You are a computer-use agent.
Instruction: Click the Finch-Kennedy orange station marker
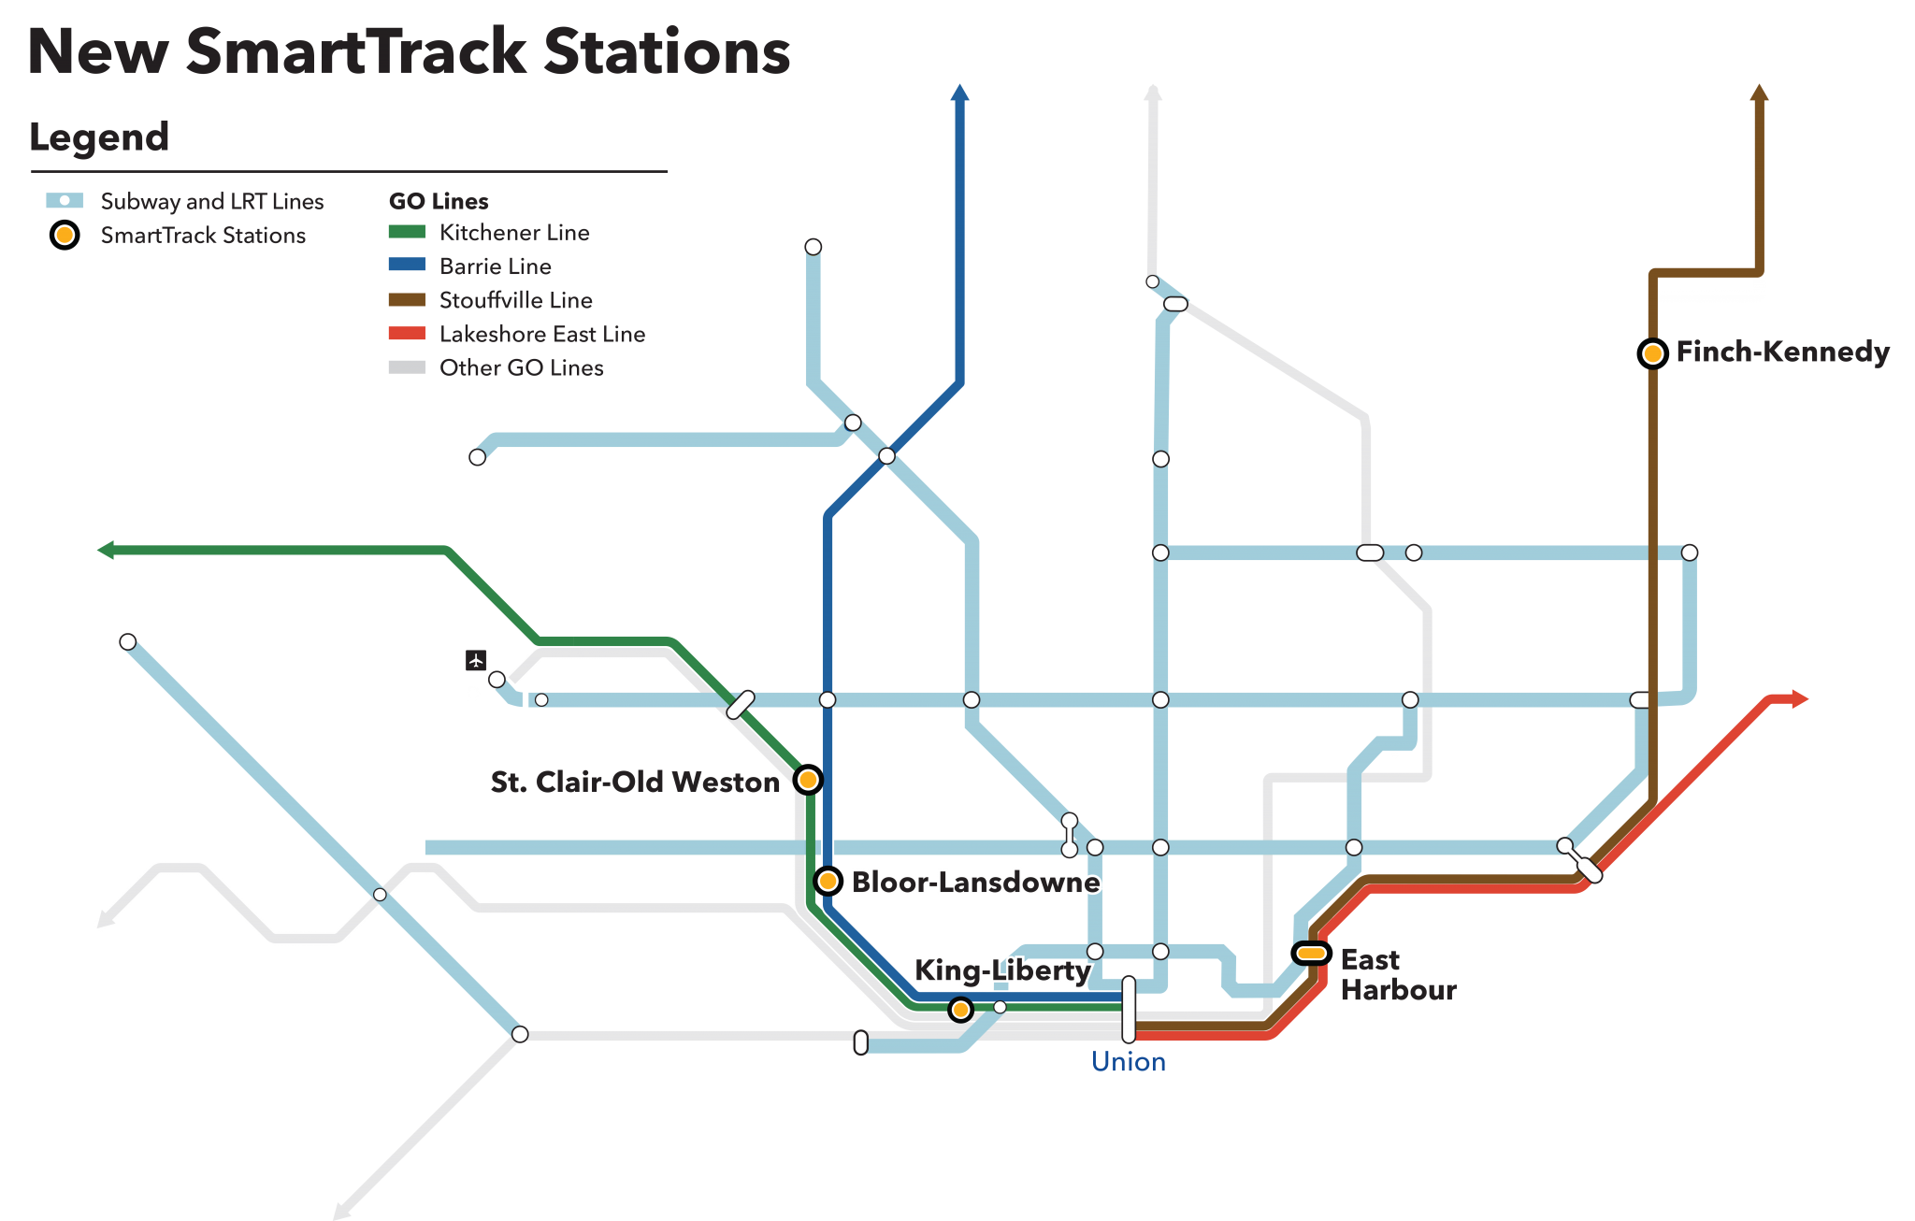(1652, 353)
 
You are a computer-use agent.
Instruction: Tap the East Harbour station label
(1397, 974)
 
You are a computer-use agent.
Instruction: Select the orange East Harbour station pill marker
(1311, 953)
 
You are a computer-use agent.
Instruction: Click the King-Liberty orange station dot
(960, 1010)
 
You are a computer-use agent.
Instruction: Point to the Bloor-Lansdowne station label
(974, 882)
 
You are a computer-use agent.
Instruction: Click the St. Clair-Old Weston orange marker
(808, 779)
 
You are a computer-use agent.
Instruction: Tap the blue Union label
(1128, 1062)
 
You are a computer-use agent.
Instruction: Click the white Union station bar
(1129, 1010)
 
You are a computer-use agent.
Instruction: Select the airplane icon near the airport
(476, 661)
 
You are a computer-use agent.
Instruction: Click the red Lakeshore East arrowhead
(1800, 698)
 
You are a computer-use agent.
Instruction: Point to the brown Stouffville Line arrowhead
(1759, 93)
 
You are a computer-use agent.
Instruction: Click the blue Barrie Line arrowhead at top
(959, 93)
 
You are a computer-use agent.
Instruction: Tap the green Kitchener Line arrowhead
(106, 550)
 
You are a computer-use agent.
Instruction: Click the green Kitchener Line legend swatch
(407, 232)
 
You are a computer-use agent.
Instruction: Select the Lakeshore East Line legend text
(541, 334)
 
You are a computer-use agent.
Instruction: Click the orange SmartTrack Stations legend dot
(65, 236)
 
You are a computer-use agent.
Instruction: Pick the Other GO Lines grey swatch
(407, 367)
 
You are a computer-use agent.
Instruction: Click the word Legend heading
(99, 136)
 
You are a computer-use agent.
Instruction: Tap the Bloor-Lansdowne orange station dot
(828, 881)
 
